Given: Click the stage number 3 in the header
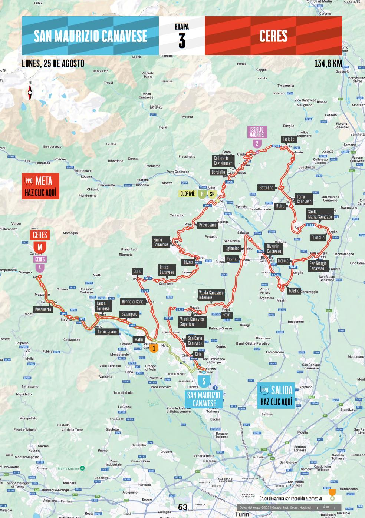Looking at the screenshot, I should (x=182, y=41).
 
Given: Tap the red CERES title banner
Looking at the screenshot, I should (x=273, y=36).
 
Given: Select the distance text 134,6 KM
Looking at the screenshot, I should (x=328, y=63).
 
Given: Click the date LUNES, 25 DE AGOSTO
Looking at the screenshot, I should (x=53, y=63).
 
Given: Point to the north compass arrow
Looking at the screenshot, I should (x=30, y=91).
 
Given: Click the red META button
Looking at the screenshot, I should (x=40, y=186).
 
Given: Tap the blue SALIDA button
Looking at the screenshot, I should (x=276, y=395).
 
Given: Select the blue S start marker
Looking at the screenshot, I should (x=204, y=381).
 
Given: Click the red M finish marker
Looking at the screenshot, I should (x=40, y=247).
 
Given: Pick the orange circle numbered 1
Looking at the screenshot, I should (x=154, y=348).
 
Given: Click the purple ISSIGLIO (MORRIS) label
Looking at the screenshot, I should (x=257, y=132).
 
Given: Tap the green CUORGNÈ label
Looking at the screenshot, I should (x=188, y=194).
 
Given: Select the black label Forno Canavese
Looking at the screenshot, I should (x=161, y=242).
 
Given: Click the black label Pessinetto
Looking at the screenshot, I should (x=43, y=309).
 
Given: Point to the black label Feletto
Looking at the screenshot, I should (x=294, y=291).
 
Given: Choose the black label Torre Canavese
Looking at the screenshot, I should (x=304, y=199).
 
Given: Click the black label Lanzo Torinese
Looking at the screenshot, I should (x=103, y=306).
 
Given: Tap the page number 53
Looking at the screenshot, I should (x=183, y=507).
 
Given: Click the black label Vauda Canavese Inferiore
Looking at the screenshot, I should (x=211, y=295).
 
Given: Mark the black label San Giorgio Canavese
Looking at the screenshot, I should (x=318, y=266).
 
